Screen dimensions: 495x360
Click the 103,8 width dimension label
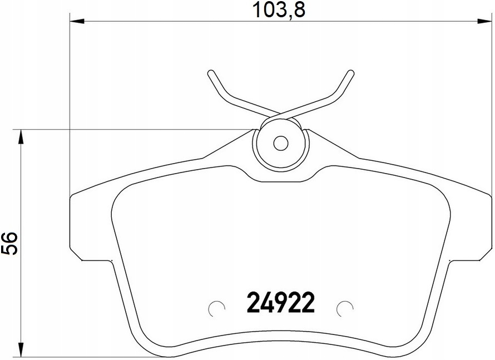(279, 11)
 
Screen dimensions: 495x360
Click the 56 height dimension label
(9, 243)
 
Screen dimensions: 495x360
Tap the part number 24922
(281, 302)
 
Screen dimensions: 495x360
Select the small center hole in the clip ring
(281, 144)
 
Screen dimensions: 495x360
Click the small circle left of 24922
(217, 307)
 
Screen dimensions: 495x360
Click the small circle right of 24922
(345, 307)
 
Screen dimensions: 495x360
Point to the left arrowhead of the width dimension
(77, 21)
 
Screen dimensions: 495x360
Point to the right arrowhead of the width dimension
(484, 21)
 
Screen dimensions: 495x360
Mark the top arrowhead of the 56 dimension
(21, 137)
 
